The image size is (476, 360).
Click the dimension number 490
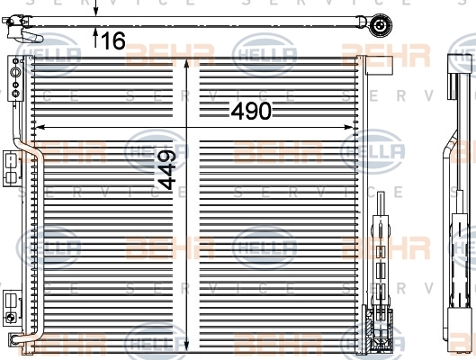251,111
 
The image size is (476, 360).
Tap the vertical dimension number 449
166,170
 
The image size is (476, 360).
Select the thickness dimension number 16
113,40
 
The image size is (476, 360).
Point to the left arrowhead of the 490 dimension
40,127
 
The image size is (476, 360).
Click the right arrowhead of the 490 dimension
348,127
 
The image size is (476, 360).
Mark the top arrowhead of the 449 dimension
186,63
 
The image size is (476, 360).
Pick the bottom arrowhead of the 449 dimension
186,345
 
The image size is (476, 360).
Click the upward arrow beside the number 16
95,37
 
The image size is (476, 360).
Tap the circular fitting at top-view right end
380,25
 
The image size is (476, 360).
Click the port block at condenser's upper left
15,78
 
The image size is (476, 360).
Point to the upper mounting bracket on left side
12,168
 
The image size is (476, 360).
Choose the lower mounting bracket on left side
12,308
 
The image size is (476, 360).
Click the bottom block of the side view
460,325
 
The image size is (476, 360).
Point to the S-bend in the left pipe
29,148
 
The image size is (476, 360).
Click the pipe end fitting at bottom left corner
14,338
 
